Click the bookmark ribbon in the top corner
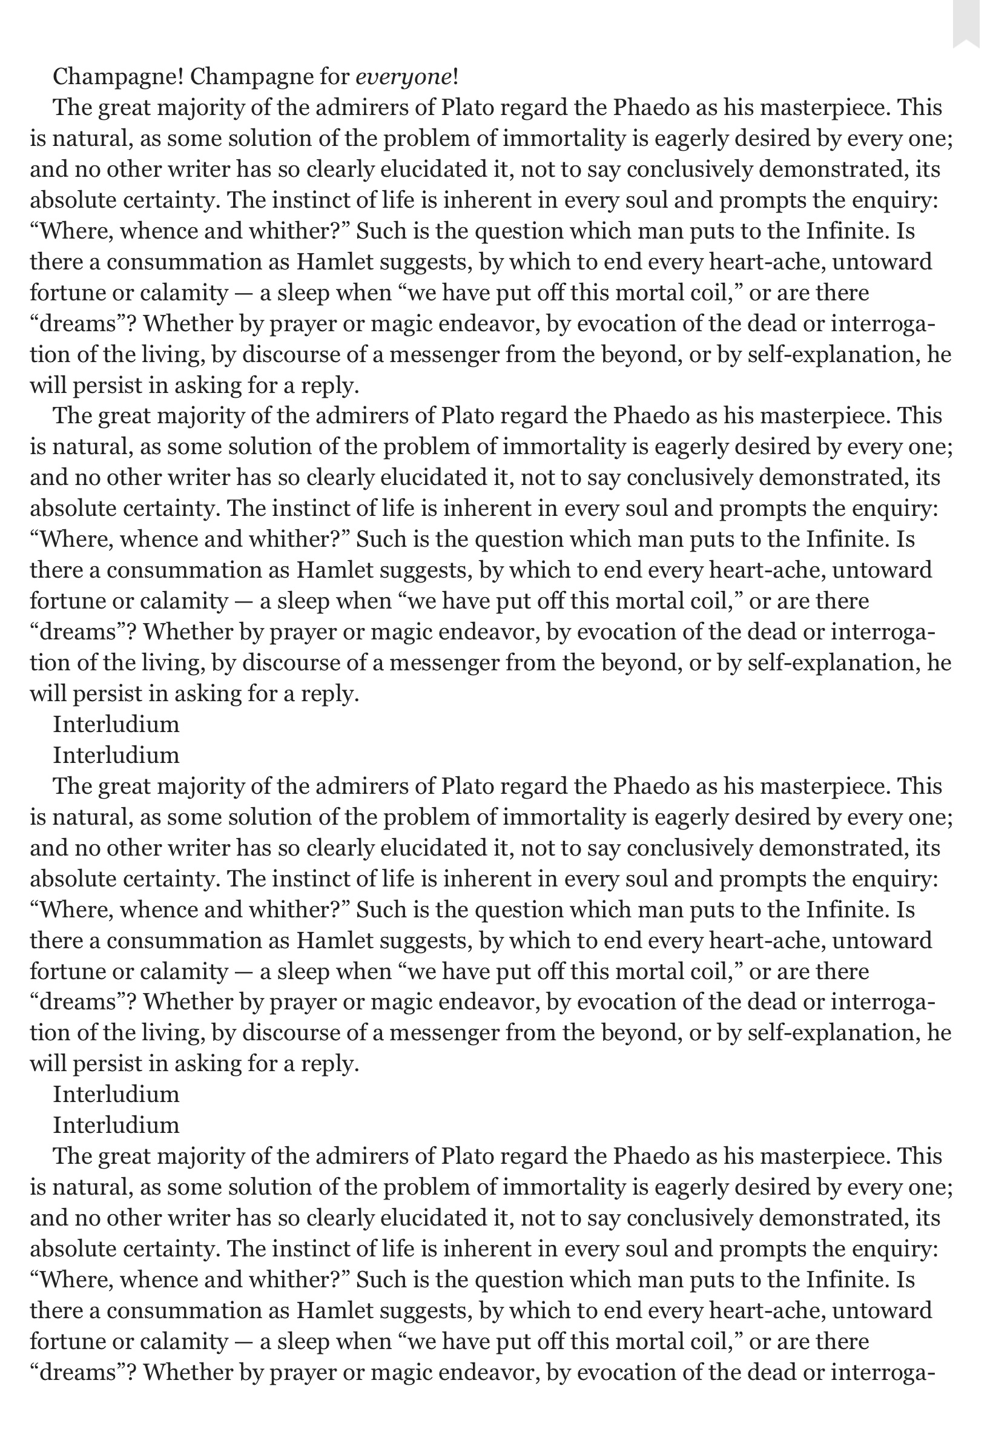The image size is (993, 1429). [x=972, y=24]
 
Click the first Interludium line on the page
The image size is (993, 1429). [x=116, y=724]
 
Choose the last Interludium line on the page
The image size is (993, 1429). [x=116, y=1125]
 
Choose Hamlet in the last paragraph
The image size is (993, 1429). [x=334, y=1310]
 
